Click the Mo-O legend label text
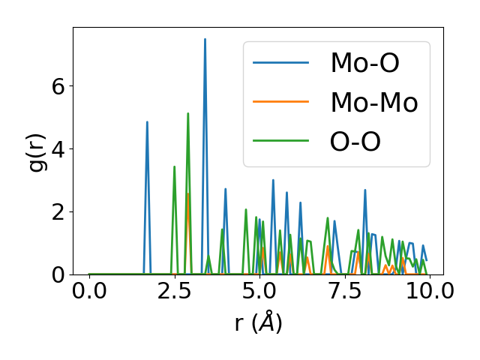365,62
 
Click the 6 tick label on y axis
58,85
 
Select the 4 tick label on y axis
58,148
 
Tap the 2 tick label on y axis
58,211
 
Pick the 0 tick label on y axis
58,274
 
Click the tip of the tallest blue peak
205,39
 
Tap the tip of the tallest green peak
188,113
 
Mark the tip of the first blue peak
147,121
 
